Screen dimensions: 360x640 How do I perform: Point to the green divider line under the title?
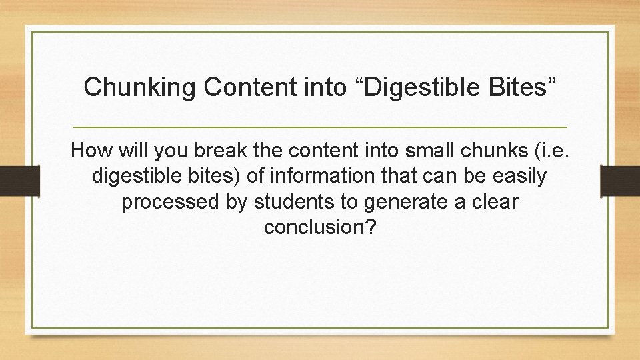[x=320, y=127]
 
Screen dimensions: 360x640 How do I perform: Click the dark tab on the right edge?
[x=619, y=181]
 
